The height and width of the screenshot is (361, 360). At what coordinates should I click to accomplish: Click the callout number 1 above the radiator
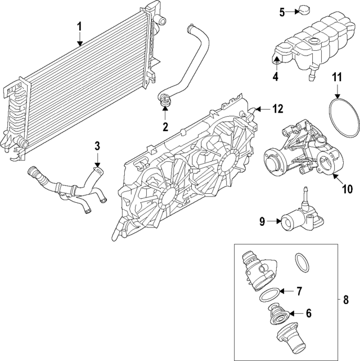pyautogui.click(x=79, y=26)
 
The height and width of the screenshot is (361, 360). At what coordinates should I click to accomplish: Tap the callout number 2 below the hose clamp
pyautogui.click(x=165, y=127)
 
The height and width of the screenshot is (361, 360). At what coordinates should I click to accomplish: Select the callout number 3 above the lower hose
pyautogui.click(x=97, y=146)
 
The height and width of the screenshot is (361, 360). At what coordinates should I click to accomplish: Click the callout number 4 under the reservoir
pyautogui.click(x=276, y=77)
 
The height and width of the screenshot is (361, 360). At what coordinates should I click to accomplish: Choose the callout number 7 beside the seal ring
pyautogui.click(x=299, y=291)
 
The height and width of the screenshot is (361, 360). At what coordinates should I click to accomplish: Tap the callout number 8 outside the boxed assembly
pyautogui.click(x=346, y=300)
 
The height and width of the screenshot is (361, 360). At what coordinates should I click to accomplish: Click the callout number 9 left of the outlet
pyautogui.click(x=262, y=221)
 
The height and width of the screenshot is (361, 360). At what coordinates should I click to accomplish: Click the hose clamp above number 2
pyautogui.click(x=165, y=101)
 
